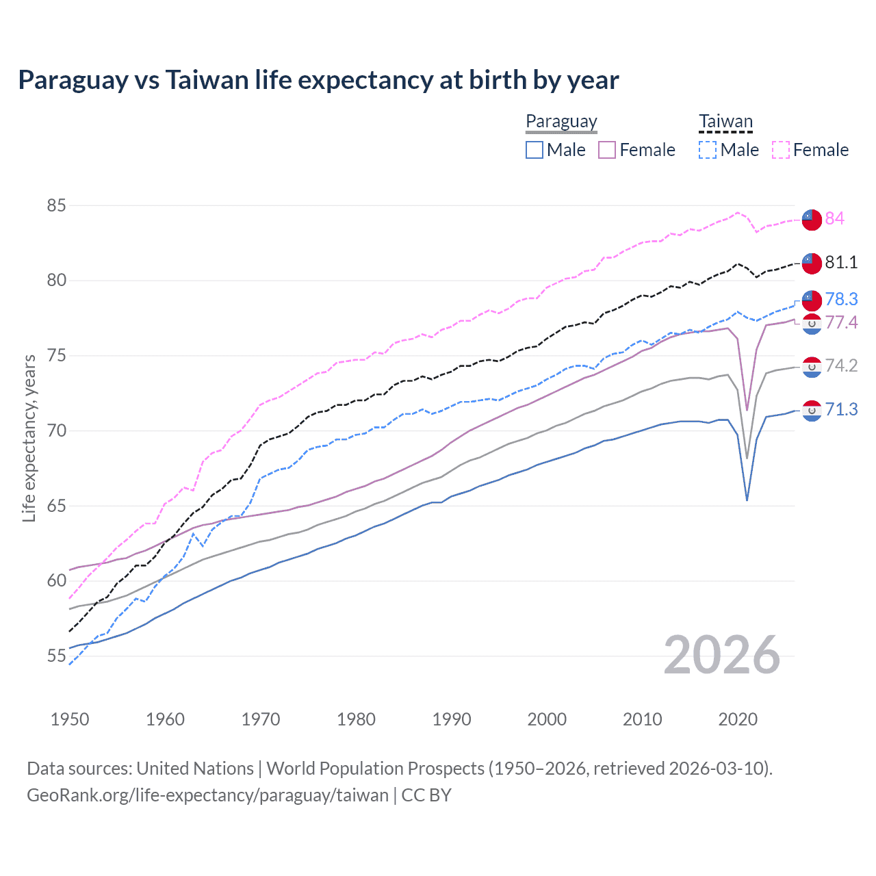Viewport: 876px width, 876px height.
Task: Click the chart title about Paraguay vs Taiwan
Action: tap(318, 80)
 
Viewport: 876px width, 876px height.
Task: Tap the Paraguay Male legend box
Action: tap(534, 150)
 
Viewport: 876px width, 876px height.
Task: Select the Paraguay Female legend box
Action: tap(607, 150)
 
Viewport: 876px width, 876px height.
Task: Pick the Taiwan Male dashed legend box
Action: tap(708, 150)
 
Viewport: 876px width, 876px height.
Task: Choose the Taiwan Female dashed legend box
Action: tap(781, 150)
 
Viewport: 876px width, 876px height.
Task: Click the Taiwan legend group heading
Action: tap(725, 122)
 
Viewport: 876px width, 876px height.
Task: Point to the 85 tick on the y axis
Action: tap(57, 205)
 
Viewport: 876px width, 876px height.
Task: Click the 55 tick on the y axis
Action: tap(57, 656)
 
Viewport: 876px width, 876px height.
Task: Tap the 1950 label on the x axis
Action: tap(70, 719)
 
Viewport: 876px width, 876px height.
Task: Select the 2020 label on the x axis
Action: tap(738, 719)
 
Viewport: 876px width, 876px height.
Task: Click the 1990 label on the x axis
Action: tap(452, 719)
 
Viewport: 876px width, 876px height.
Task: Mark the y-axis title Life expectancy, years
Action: tap(29, 438)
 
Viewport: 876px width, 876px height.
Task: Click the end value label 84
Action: tap(834, 218)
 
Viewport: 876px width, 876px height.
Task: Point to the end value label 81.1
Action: tap(841, 262)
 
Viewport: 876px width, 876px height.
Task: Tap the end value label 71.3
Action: tap(841, 409)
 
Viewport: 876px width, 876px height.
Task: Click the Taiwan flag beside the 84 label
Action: tap(812, 220)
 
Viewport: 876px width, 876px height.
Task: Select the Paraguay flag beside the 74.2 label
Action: tap(812, 367)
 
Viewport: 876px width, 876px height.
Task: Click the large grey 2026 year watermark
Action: tap(722, 655)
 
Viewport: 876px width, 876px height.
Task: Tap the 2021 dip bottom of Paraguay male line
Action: tap(747, 500)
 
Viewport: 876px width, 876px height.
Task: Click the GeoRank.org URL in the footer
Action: tap(207, 795)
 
